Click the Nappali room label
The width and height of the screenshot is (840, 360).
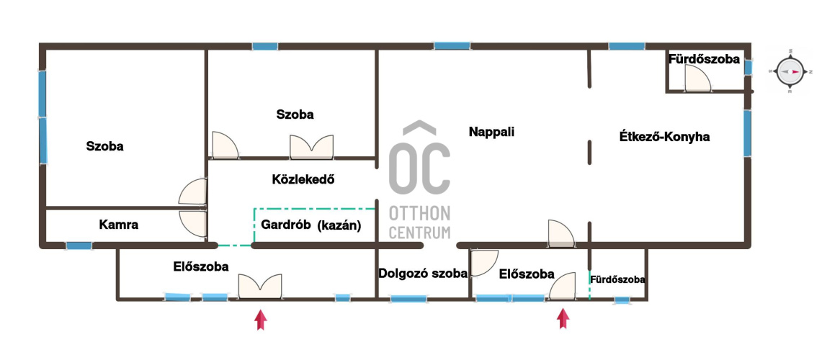click(x=491, y=132)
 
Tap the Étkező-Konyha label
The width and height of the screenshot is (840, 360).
click(x=664, y=137)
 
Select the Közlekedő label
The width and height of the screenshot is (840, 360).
click(x=303, y=179)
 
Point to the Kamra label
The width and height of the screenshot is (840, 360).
click(x=118, y=225)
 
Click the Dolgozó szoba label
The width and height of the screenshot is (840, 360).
click(x=423, y=274)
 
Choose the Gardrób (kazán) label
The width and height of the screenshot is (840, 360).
click(x=311, y=225)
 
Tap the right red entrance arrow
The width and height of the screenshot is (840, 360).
click(x=563, y=318)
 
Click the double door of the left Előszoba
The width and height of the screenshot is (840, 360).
click(x=260, y=287)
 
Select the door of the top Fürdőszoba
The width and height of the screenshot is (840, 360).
click(x=699, y=81)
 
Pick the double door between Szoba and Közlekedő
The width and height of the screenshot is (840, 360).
click(x=311, y=147)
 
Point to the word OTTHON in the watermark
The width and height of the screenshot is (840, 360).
click(x=419, y=213)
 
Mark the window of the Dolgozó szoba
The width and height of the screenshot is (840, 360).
click(x=408, y=299)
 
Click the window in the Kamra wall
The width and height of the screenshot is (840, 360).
click(x=79, y=246)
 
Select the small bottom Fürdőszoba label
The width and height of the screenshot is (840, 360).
click(x=617, y=279)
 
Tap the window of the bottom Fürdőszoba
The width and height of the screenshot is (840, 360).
click(x=622, y=300)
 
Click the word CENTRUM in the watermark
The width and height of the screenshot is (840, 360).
click(x=419, y=233)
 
